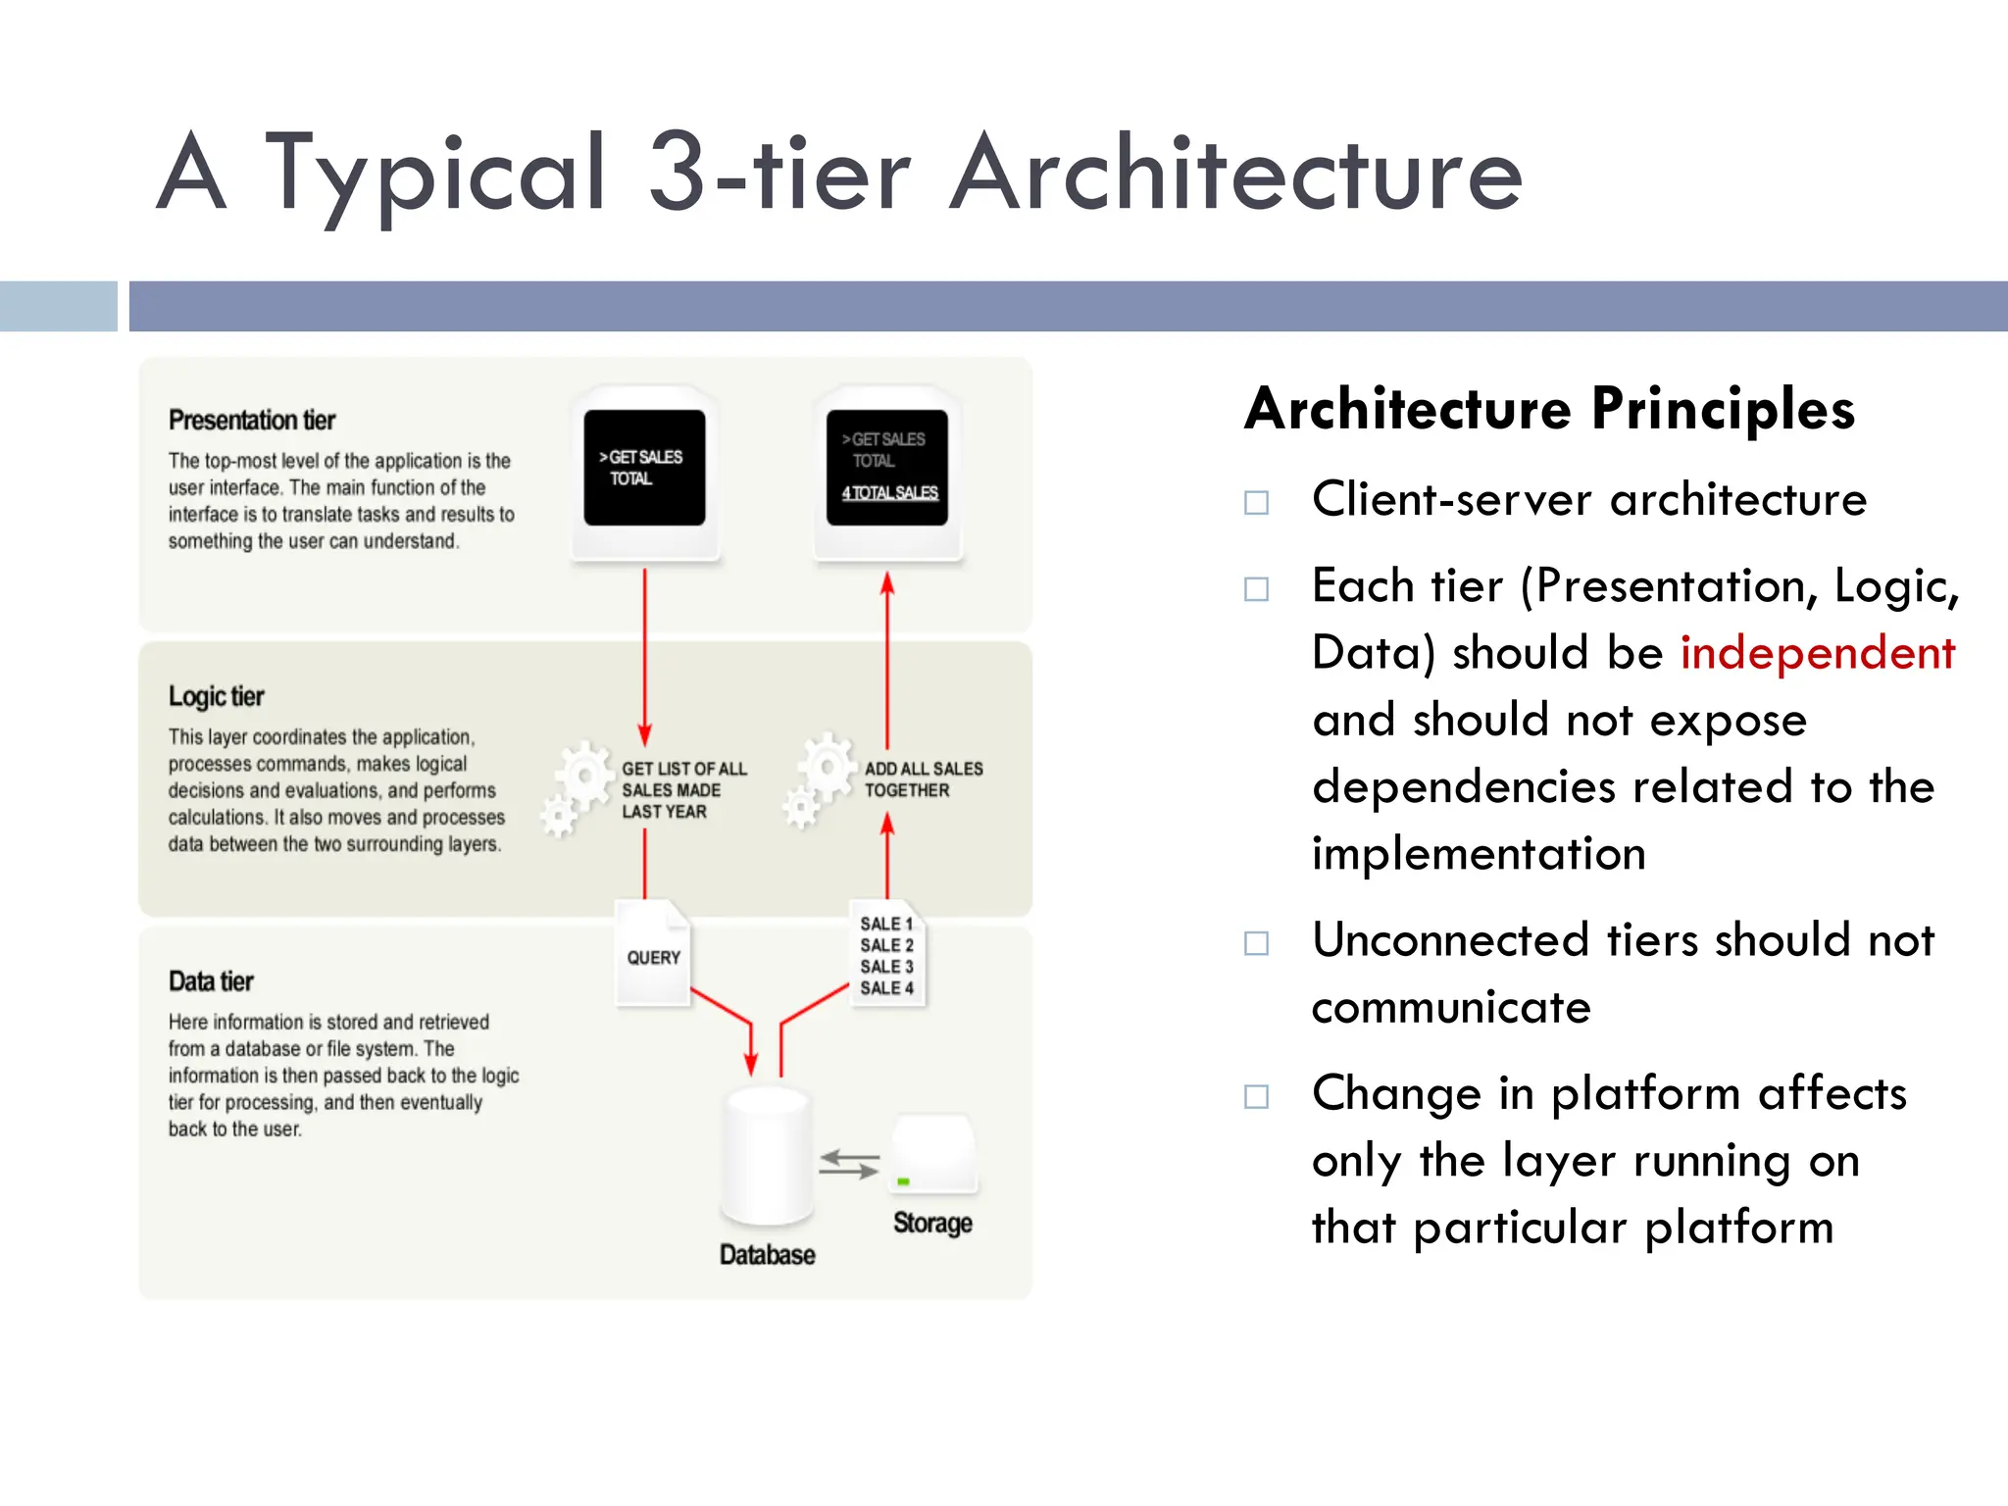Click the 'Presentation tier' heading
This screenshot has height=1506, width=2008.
[x=252, y=420]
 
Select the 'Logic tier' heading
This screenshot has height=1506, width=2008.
[x=216, y=696]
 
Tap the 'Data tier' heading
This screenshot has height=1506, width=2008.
[x=211, y=981]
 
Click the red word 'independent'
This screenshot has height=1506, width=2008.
[x=1817, y=653]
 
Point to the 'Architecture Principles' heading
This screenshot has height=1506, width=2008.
[x=1549, y=409]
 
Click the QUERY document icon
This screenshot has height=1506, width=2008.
[x=653, y=954]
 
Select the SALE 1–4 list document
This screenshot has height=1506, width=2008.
[x=887, y=955]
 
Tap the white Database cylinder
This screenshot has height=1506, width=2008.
[x=768, y=1157]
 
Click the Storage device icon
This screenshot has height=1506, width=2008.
[x=933, y=1155]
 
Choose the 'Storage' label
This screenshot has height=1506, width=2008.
[x=932, y=1223]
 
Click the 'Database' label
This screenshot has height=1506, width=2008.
[x=767, y=1255]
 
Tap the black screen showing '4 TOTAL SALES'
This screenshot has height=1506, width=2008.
[x=887, y=468]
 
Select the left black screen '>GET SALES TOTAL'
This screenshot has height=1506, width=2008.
[x=644, y=468]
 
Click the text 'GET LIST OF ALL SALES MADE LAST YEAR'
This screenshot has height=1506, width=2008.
[x=682, y=790]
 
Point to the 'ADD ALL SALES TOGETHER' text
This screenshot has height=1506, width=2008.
[x=923, y=779]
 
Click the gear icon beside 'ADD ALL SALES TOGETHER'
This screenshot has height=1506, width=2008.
[x=820, y=779]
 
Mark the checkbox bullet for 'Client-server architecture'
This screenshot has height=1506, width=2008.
[x=1256, y=503]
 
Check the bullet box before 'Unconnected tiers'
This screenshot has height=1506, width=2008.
[x=1256, y=943]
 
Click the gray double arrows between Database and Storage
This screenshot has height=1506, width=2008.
[x=849, y=1164]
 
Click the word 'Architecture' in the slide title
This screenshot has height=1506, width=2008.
[x=1235, y=175]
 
